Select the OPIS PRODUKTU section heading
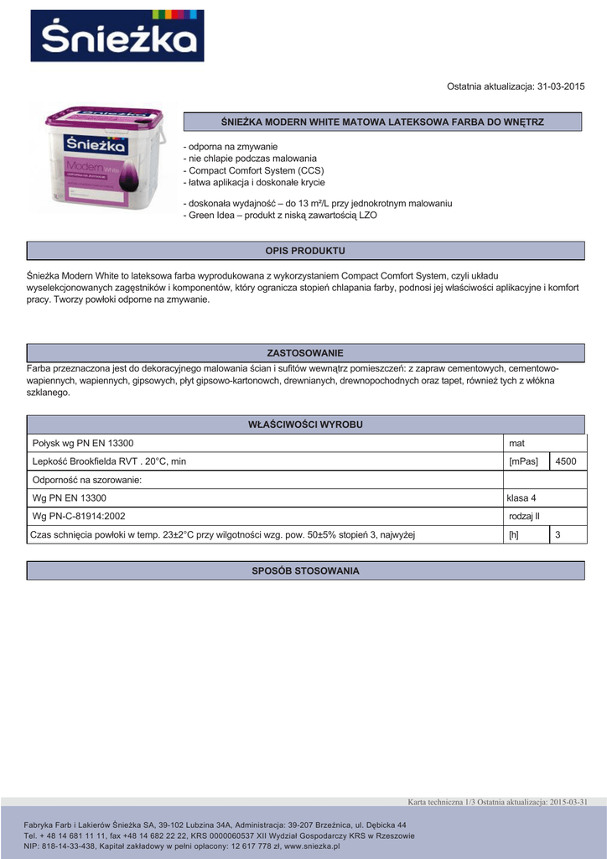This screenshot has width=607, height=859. pyautogui.click(x=305, y=251)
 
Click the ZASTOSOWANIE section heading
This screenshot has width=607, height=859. pyautogui.click(x=305, y=353)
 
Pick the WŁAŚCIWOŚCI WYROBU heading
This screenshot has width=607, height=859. pyautogui.click(x=305, y=424)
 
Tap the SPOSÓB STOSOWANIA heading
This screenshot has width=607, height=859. pyautogui.click(x=305, y=571)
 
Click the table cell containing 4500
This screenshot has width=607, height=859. pyautogui.click(x=566, y=461)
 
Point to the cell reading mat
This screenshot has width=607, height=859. pyautogui.click(x=516, y=443)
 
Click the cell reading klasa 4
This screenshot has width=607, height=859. pyautogui.click(x=522, y=498)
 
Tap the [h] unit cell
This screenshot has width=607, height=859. pyautogui.click(x=514, y=534)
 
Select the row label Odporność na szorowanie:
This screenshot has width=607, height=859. pyautogui.click(x=87, y=480)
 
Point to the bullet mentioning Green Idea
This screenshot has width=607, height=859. pyautogui.click(x=280, y=216)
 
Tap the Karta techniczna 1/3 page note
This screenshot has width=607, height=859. pyautogui.click(x=439, y=802)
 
